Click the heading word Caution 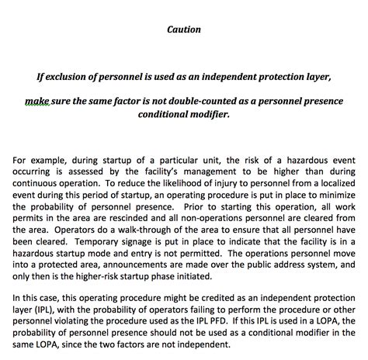tap(184, 30)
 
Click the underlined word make tap(37, 100)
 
